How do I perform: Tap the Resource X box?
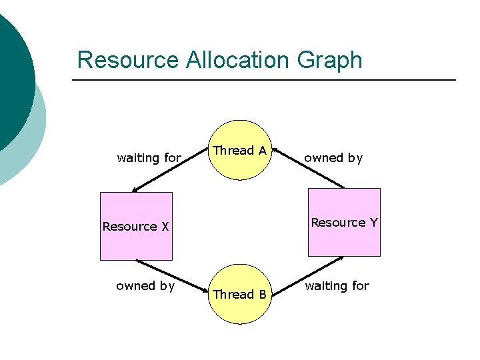point(136,226)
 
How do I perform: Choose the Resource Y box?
point(344,222)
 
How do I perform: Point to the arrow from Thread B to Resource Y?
point(309,275)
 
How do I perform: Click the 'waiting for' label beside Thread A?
point(149,158)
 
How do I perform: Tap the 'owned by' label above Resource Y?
point(333,158)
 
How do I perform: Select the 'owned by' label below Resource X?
point(145,286)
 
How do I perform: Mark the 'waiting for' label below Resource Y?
point(337,286)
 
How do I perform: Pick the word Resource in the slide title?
point(128,60)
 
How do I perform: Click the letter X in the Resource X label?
point(165,227)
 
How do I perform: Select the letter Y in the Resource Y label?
point(373,223)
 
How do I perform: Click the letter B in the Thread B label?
point(263,295)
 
